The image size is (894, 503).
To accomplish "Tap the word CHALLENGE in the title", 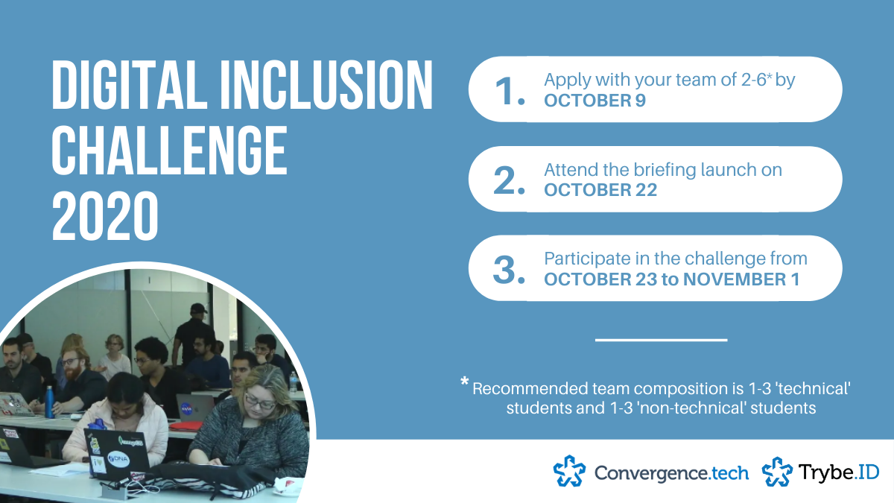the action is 170,150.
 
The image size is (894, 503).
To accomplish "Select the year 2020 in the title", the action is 105,215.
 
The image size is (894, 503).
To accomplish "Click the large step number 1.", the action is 510,92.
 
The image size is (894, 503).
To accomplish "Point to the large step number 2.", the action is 509,180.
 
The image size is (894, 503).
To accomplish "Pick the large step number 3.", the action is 509,270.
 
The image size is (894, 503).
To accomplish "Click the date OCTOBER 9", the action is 595,101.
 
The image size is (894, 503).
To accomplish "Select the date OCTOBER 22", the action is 600,190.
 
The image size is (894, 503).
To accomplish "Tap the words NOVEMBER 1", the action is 741,279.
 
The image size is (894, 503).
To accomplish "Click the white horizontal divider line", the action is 662,340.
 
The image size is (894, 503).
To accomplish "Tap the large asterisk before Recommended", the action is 465,381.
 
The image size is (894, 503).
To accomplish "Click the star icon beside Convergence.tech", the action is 569,471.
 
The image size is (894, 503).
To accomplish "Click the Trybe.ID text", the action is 839,472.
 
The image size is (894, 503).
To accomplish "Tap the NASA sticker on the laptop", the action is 186,408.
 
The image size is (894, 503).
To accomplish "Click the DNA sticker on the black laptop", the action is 118,459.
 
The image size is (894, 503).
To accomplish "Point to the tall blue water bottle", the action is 49,402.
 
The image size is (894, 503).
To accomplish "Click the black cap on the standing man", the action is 198,309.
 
